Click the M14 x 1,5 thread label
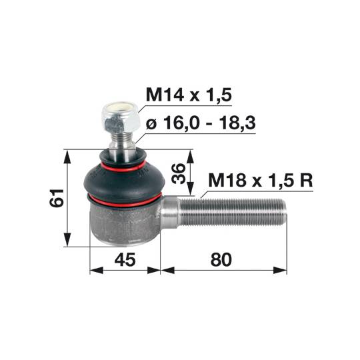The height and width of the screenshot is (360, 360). click(189, 95)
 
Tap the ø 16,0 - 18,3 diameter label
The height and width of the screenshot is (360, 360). click(201, 123)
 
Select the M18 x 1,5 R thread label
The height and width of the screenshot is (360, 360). click(261, 181)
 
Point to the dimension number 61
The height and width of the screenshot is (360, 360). click(57, 198)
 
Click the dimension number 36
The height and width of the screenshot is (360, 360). click(179, 173)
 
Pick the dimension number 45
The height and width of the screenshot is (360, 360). click(125, 260)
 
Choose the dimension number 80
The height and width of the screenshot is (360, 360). click(221, 260)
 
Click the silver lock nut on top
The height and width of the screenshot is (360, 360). click(121, 118)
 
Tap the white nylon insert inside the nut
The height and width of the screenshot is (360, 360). click(121, 108)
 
